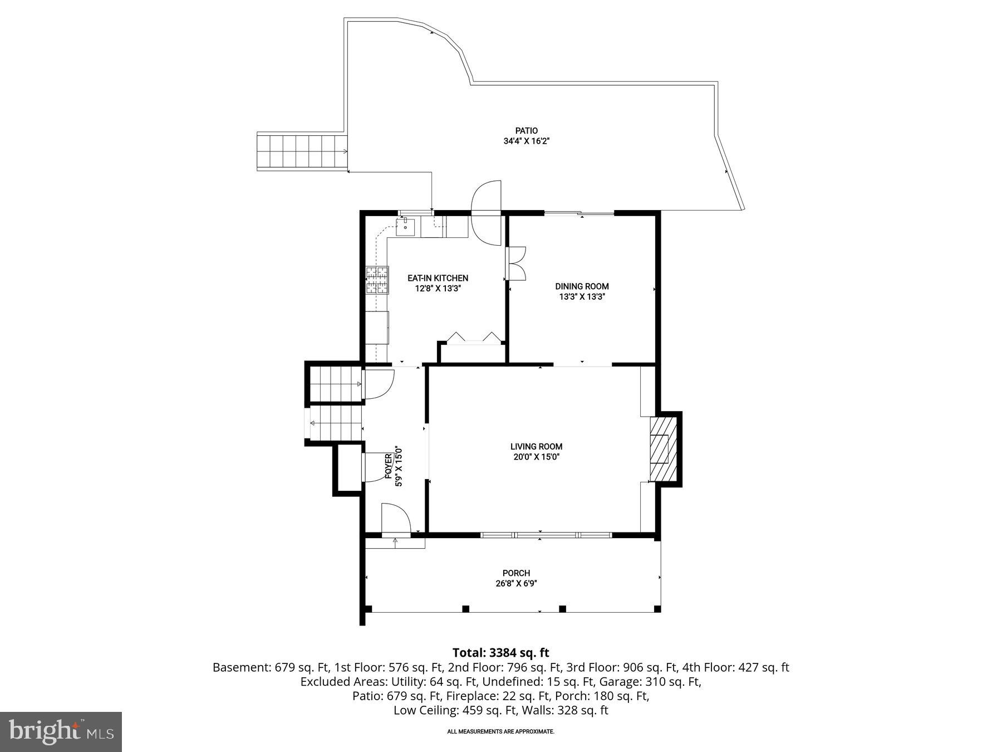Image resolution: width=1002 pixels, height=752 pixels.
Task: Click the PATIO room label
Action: (526, 131)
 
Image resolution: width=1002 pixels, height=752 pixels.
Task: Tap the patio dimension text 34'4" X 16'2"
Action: (526, 141)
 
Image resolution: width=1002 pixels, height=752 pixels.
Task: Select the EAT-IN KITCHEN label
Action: (438, 278)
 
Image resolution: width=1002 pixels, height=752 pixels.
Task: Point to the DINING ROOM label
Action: (582, 286)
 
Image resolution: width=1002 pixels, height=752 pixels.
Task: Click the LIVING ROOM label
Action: (536, 446)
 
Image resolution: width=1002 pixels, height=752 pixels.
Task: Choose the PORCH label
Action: (516, 573)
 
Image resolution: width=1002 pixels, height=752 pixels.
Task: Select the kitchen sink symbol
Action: (405, 227)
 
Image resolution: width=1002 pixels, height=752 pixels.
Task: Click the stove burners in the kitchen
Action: (376, 280)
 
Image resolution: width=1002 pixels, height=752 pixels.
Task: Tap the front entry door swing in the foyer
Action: (395, 519)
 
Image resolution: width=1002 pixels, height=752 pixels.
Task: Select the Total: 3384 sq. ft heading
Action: (500, 652)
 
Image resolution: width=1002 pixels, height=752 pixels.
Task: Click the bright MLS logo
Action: (61, 731)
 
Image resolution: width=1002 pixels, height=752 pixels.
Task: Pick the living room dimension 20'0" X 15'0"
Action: (536, 457)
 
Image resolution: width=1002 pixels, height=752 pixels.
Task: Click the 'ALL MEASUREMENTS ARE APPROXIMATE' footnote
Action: (500, 731)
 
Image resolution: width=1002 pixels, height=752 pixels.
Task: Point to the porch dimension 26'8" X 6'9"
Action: (516, 583)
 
